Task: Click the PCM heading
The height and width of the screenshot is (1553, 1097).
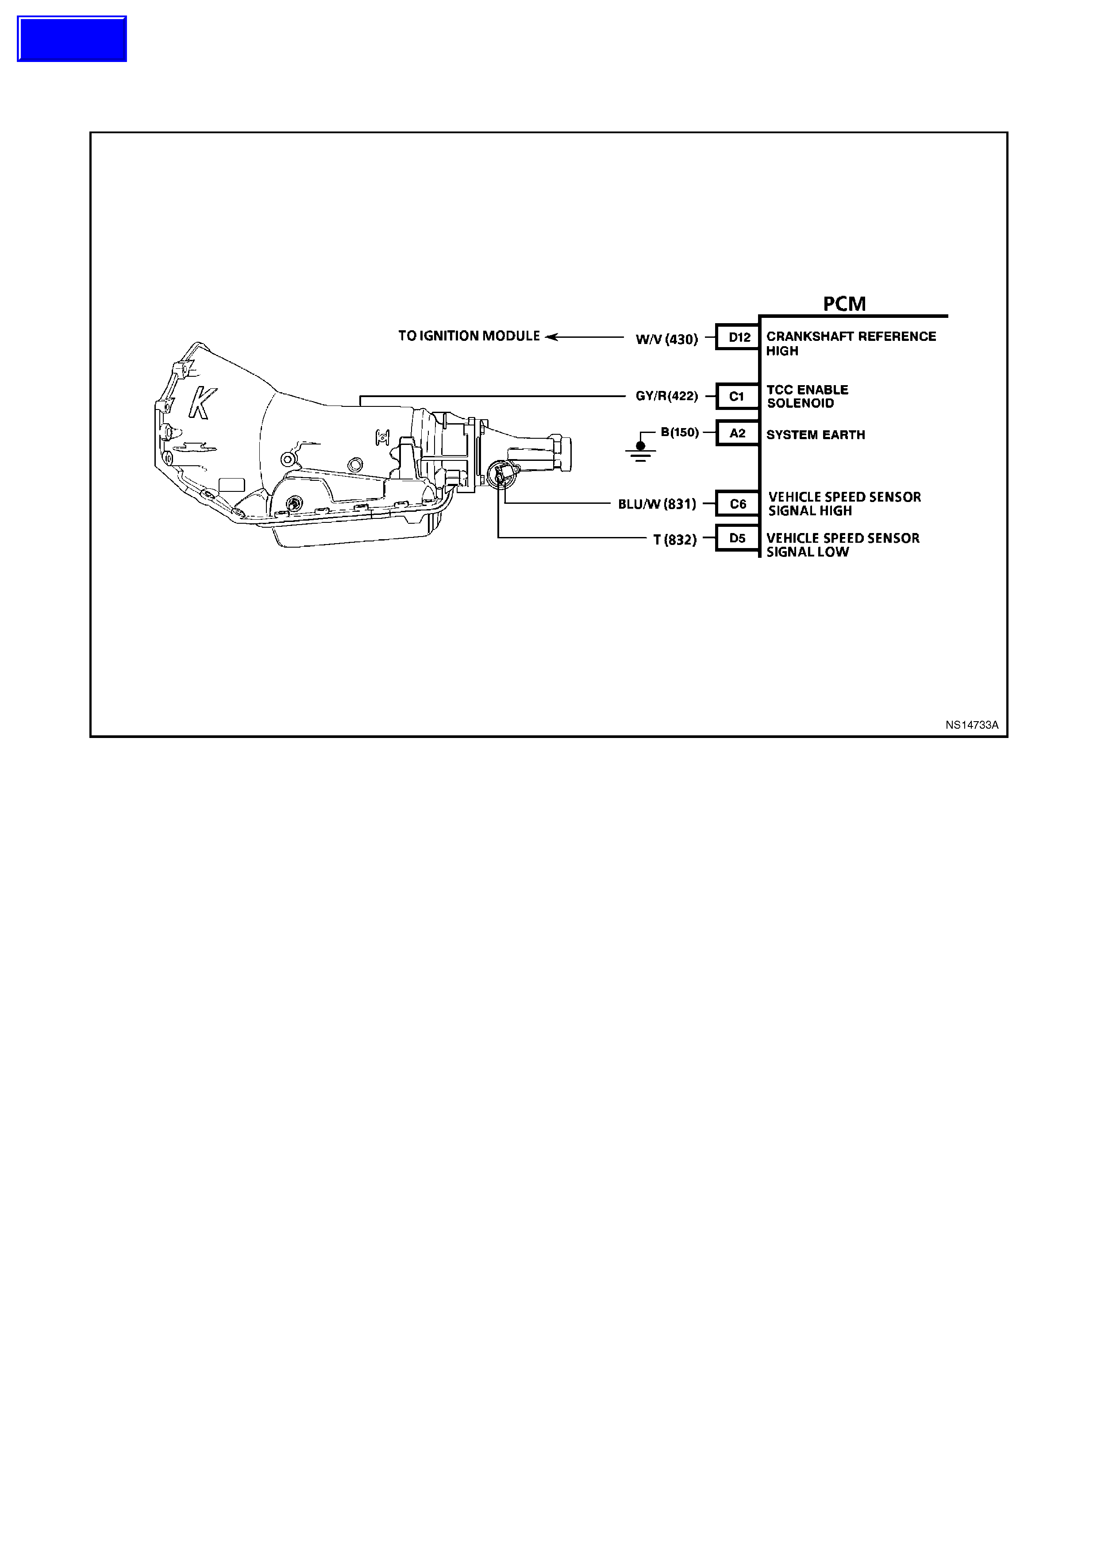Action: point(844,304)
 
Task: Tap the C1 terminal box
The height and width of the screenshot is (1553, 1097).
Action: point(737,396)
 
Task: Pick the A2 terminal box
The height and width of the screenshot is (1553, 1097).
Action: point(737,433)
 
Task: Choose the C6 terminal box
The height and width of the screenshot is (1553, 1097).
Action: point(737,504)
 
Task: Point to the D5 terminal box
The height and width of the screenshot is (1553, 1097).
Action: point(737,538)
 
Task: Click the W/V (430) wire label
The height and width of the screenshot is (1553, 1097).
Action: point(666,339)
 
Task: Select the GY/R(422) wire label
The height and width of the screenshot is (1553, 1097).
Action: point(666,396)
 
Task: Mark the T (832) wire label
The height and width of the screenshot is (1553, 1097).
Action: point(674,540)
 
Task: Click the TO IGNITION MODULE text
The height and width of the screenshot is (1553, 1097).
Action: point(469,336)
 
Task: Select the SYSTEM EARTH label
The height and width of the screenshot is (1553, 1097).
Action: point(815,435)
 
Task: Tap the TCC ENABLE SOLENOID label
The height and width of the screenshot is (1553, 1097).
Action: point(807,396)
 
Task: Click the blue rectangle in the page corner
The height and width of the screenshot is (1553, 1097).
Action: point(72,39)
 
